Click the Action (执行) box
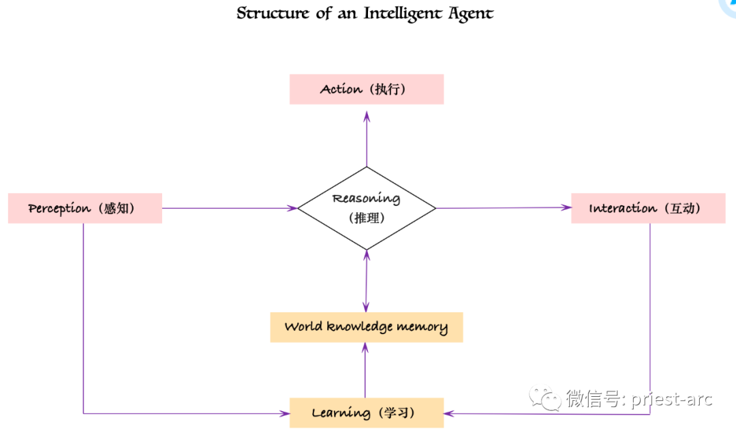tap(366, 89)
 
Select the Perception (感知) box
tap(85, 208)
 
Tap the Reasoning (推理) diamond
tap(367, 207)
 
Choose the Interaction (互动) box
tap(647, 208)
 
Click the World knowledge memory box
tap(366, 327)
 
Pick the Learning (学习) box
tap(366, 413)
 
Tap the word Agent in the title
tap(471, 13)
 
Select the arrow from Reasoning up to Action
tap(367, 140)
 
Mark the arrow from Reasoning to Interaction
tap(503, 208)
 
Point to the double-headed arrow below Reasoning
tap(366, 281)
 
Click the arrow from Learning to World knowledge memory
tap(365, 370)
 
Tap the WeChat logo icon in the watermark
tap(547, 398)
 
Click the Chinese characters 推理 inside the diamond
tap(367, 218)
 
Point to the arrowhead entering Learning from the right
tap(450, 413)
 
